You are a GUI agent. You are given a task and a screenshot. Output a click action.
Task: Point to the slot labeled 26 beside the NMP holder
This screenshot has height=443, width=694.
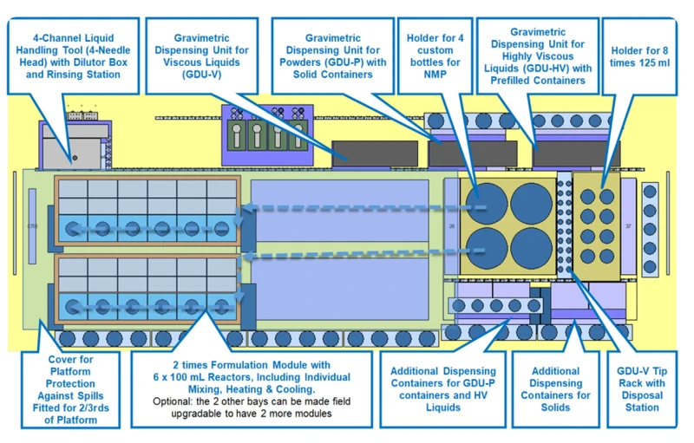451,227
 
